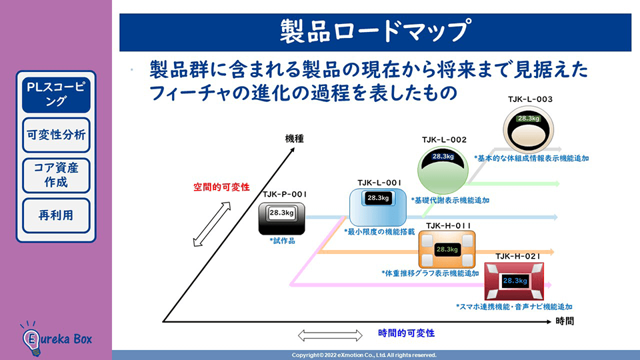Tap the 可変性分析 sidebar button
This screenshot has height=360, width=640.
(56, 135)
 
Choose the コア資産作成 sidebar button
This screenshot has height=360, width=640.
(56, 175)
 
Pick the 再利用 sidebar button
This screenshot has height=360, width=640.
(56, 215)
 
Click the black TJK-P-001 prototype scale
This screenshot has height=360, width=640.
(282, 218)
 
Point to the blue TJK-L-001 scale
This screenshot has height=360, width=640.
(377, 205)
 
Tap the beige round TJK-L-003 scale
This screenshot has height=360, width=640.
(528, 129)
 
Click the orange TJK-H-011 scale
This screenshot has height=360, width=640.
(446, 250)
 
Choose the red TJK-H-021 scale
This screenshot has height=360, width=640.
(515, 281)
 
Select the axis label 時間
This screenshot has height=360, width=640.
(564, 321)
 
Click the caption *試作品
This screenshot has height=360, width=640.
(282, 241)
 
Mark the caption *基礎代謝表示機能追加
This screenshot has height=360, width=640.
(450, 200)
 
